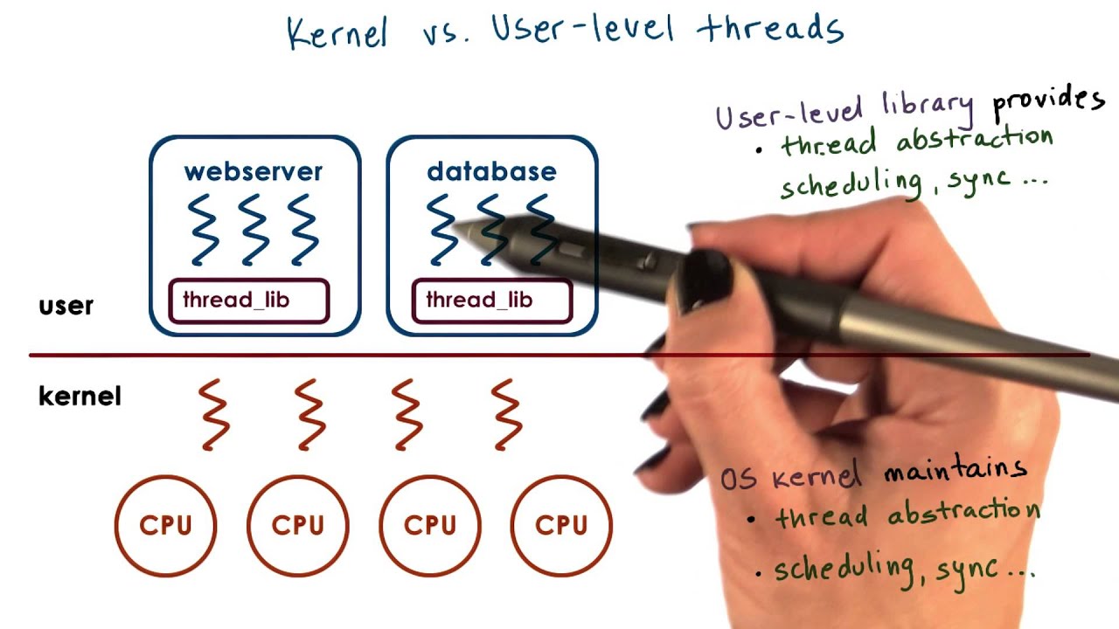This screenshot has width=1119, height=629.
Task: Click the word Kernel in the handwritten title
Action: pyautogui.click(x=337, y=32)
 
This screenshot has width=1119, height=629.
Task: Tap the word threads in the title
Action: pyautogui.click(x=770, y=29)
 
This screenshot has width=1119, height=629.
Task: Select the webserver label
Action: pyautogui.click(x=253, y=171)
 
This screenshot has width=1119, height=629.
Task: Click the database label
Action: pyautogui.click(x=491, y=171)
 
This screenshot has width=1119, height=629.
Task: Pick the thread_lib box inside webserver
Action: pyautogui.click(x=248, y=301)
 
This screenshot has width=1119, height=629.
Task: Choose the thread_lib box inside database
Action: pyautogui.click(x=491, y=301)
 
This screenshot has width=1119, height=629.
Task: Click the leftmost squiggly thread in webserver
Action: pyautogui.click(x=203, y=230)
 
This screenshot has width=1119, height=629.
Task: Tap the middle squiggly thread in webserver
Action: pyautogui.click(x=254, y=230)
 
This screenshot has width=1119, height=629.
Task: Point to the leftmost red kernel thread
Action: pyautogui.click(x=214, y=414)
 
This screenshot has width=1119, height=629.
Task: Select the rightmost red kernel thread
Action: pyautogui.click(x=507, y=414)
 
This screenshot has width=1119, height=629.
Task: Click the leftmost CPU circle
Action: pyautogui.click(x=165, y=525)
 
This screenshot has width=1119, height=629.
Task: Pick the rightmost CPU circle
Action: pyautogui.click(x=561, y=525)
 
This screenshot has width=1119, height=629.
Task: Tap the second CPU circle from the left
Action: pyautogui.click(x=297, y=525)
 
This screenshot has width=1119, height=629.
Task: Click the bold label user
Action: pyautogui.click(x=66, y=306)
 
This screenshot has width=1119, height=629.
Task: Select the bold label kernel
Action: pyautogui.click(x=80, y=397)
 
